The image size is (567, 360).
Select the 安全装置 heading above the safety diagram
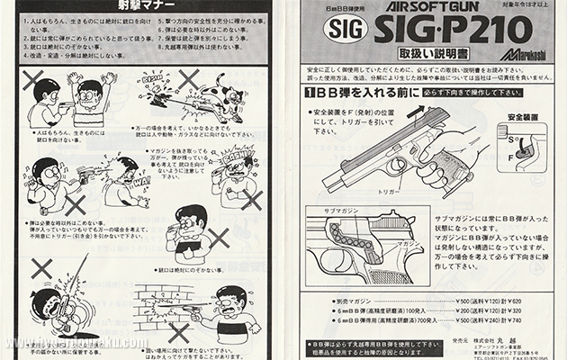coord(522,117)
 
